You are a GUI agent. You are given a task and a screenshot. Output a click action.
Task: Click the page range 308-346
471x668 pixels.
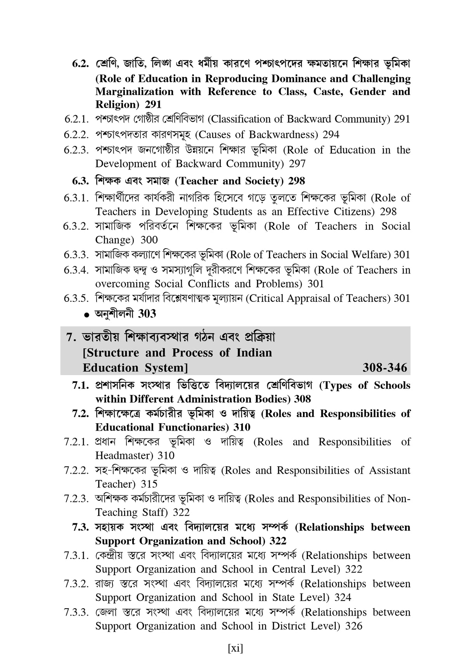pos(384,367)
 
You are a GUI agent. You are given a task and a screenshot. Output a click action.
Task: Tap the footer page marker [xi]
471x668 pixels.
pos(235,648)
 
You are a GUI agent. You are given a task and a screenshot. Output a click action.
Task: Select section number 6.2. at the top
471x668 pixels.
pos(81,64)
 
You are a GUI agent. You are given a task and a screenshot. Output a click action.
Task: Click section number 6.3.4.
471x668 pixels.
pos(76,270)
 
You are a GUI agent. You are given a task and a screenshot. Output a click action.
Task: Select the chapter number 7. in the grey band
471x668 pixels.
pos(71,337)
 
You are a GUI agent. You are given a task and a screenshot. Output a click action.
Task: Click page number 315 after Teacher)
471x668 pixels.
pos(149,484)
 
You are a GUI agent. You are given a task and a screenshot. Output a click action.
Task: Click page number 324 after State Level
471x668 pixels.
pos(343,597)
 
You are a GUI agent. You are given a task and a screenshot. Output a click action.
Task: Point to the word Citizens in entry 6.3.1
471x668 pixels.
pos(350,211)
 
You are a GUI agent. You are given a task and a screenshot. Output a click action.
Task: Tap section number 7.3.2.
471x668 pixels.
pos(76,584)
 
